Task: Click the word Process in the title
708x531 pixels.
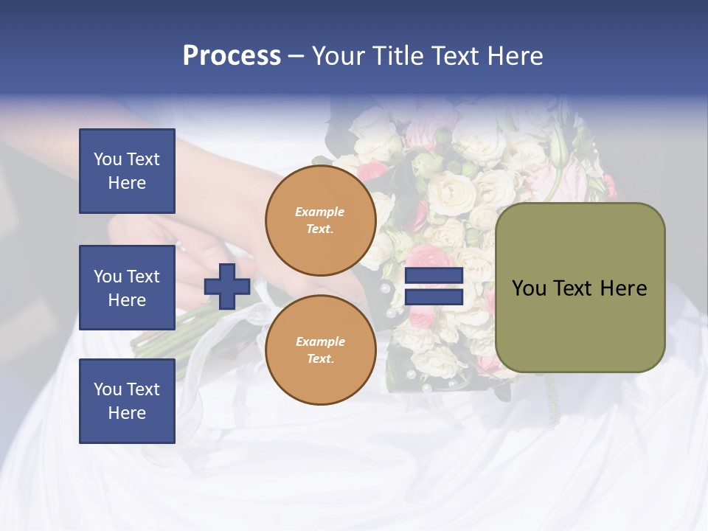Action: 232,56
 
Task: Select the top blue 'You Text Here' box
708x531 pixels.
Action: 127,171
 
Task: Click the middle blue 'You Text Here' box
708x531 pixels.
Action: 127,288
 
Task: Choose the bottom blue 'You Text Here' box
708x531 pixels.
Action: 127,401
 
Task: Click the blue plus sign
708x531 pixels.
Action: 227,286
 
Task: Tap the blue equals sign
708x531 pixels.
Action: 434,286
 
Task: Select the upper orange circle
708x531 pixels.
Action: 320,220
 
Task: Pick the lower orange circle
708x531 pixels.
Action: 320,350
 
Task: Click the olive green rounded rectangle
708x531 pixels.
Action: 580,288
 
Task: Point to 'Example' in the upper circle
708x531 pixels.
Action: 320,212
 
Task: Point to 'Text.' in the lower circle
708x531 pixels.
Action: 320,358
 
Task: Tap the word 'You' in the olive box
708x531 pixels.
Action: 529,288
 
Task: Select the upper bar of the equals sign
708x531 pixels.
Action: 434,276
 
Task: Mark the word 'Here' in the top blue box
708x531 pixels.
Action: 127,183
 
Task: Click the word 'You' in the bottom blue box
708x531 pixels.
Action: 108,389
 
